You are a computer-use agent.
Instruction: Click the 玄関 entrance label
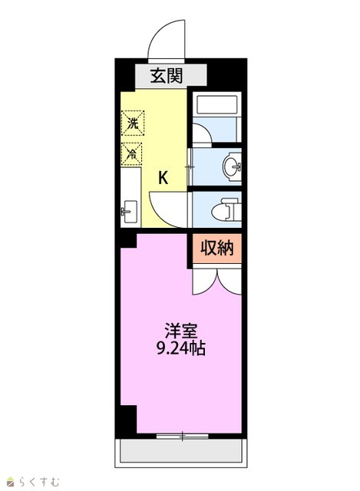[166, 76]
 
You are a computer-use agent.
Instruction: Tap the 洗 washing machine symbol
[133, 123]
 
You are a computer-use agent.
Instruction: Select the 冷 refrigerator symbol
[131, 153]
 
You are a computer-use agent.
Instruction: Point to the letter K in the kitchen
[163, 178]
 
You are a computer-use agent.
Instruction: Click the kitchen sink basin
[130, 212]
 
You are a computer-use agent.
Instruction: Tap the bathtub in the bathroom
[216, 105]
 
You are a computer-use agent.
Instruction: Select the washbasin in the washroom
[232, 166]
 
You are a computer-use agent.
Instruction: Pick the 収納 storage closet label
[216, 249]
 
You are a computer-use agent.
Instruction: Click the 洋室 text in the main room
[182, 330]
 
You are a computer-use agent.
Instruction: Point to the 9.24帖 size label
[181, 348]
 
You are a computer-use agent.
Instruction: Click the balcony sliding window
[183, 436]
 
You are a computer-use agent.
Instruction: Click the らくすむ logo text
[39, 482]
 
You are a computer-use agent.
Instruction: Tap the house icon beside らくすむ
[12, 483]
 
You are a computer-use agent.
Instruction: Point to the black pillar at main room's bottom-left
[128, 420]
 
